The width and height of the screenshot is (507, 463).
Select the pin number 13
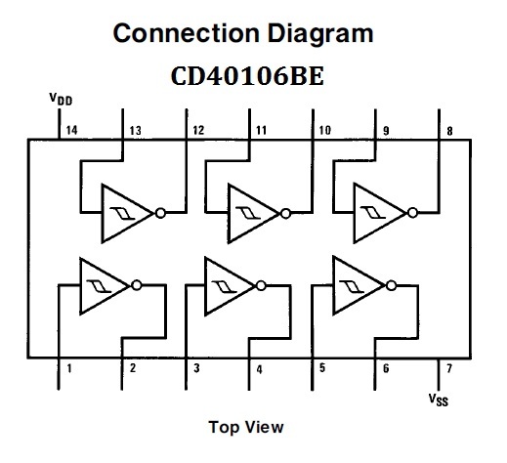click(x=133, y=129)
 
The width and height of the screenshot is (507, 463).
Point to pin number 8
click(x=449, y=129)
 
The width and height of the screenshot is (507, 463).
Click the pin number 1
click(x=69, y=368)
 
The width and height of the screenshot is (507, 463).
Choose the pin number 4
click(x=259, y=368)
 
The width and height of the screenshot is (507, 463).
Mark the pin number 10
click(x=324, y=129)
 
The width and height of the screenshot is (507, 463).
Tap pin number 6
click(x=385, y=368)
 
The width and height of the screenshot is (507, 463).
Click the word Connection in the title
click(x=177, y=33)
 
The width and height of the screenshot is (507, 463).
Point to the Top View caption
click(x=245, y=427)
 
